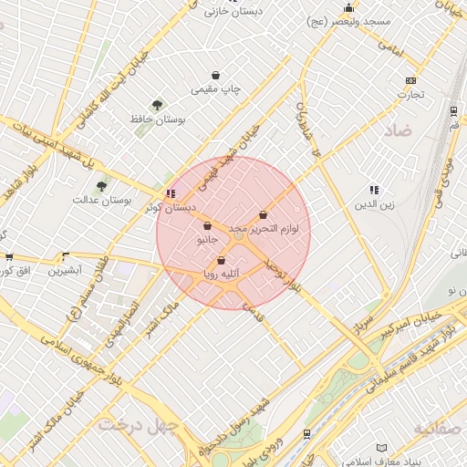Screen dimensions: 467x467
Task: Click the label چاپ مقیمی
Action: pos(216,90)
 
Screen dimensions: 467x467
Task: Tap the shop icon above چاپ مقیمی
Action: pos(215,76)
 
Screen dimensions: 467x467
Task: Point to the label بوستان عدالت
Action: pos(103,200)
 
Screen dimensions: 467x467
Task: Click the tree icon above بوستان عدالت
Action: pos(101,186)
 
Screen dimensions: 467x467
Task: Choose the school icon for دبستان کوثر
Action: pos(171,194)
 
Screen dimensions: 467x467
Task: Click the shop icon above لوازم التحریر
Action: pos(264,215)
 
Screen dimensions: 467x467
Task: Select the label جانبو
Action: pos(208,240)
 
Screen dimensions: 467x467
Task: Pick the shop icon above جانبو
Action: pos(207,226)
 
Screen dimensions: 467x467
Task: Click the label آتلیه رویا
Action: pos(221,274)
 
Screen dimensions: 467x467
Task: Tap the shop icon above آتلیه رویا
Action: pos(221,261)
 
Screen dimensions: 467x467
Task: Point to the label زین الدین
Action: pos(374,204)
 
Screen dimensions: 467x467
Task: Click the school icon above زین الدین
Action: pos(374,190)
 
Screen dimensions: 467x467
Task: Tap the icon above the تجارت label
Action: pos(410,80)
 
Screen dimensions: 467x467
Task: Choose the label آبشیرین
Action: pos(65,270)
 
